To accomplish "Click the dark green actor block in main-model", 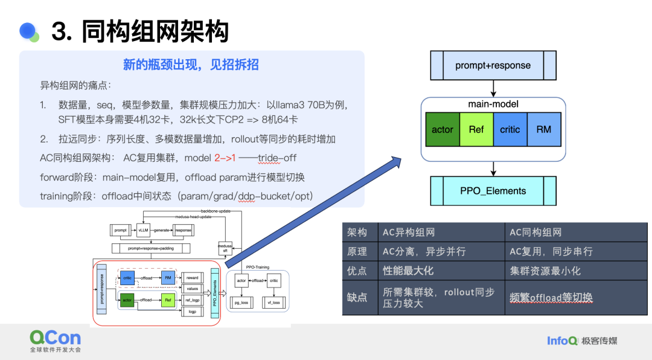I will pyautogui.click(x=443, y=129).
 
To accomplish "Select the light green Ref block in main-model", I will pyautogui.click(x=476, y=129).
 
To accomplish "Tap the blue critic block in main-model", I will pyautogui.click(x=510, y=129).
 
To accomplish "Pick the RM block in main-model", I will pyautogui.click(x=544, y=129).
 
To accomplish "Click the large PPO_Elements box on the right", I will pyautogui.click(x=493, y=191).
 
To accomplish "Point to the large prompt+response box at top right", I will pyautogui.click(x=493, y=66).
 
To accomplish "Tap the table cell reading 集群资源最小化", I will pyautogui.click(x=545, y=271).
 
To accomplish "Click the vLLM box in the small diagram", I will pyautogui.click(x=143, y=230).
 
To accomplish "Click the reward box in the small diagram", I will pyautogui.click(x=192, y=278).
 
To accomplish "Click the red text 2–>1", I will pyautogui.click(x=225, y=158).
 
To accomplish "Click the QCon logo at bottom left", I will pyautogui.click(x=55, y=339).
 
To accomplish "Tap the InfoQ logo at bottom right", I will pyautogui.click(x=562, y=341).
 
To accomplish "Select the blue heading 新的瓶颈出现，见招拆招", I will pyautogui.click(x=191, y=65).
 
